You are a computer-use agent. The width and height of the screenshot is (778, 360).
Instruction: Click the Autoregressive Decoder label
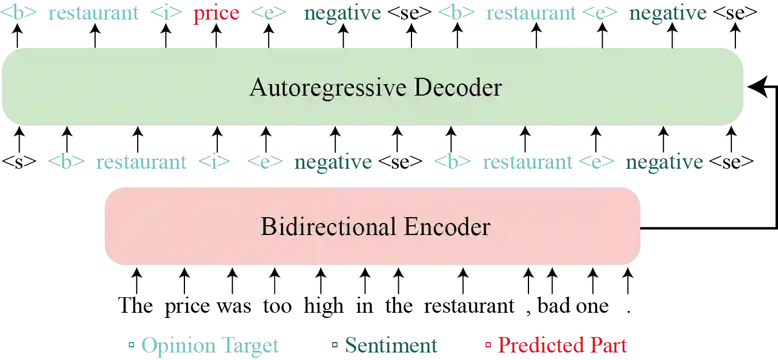pos(375,88)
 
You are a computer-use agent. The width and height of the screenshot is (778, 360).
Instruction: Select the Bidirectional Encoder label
pos(375,226)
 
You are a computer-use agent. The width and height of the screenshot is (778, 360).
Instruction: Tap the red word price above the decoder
pos(216,14)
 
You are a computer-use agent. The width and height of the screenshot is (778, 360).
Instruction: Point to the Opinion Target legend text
pos(211,346)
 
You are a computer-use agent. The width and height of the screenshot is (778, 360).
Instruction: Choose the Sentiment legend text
pos(391,346)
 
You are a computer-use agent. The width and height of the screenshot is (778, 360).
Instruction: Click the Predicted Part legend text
pos(562,346)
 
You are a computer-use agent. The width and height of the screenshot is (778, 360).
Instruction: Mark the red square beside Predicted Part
pos(489,346)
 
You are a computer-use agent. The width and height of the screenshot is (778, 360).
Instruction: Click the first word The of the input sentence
pos(134,305)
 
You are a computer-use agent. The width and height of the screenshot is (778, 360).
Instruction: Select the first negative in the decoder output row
pos(343,14)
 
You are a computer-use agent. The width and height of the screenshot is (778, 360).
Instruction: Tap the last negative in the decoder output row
pos(668,14)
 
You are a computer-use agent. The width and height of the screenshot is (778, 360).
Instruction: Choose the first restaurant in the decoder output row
pos(95,14)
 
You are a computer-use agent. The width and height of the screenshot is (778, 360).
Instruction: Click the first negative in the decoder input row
pos(333,163)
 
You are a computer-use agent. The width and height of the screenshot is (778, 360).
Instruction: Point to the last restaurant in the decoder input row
pos(526,163)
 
